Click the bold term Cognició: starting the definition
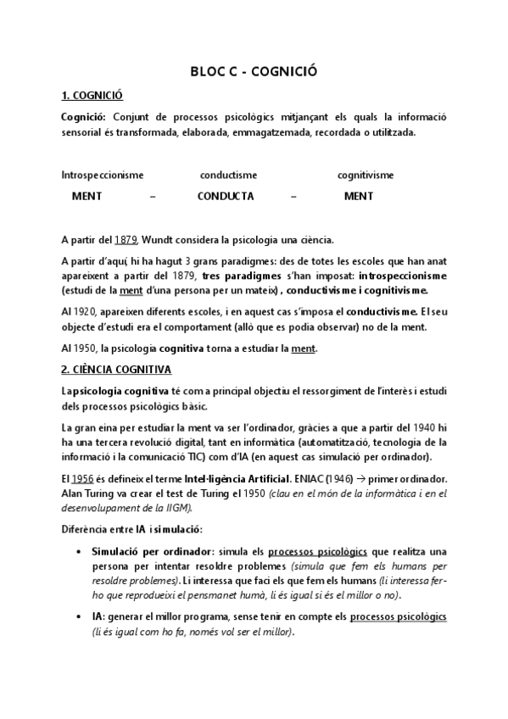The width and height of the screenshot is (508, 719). click(85, 117)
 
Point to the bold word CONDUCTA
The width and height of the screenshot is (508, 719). click(226, 196)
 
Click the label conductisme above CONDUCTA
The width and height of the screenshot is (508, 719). click(228, 176)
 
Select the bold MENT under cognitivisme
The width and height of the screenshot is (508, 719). click(359, 196)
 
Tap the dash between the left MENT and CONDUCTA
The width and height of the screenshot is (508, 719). click(153, 196)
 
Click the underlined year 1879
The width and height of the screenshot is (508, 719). click(126, 240)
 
